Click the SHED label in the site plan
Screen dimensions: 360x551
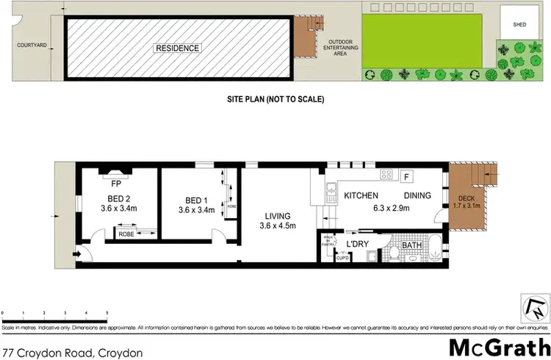(519, 24)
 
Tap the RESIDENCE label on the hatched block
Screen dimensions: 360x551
(176, 48)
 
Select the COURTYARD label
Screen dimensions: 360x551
(32, 45)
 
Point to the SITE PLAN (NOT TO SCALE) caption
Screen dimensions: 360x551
(275, 98)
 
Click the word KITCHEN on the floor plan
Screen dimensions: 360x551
(361, 196)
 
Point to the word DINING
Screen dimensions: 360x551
(418, 196)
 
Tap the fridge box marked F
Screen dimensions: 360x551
(406, 177)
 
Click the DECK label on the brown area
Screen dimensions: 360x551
(467, 199)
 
